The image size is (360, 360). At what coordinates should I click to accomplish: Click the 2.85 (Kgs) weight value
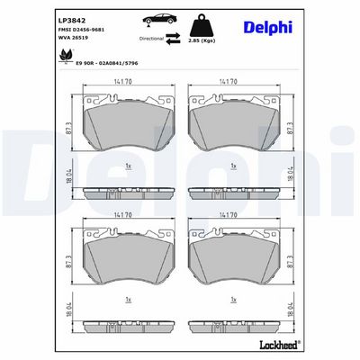[x=213, y=41]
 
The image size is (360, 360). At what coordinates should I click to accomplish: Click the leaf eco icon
[x=64, y=56]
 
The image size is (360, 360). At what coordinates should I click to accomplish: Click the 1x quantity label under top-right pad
[x=232, y=165]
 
